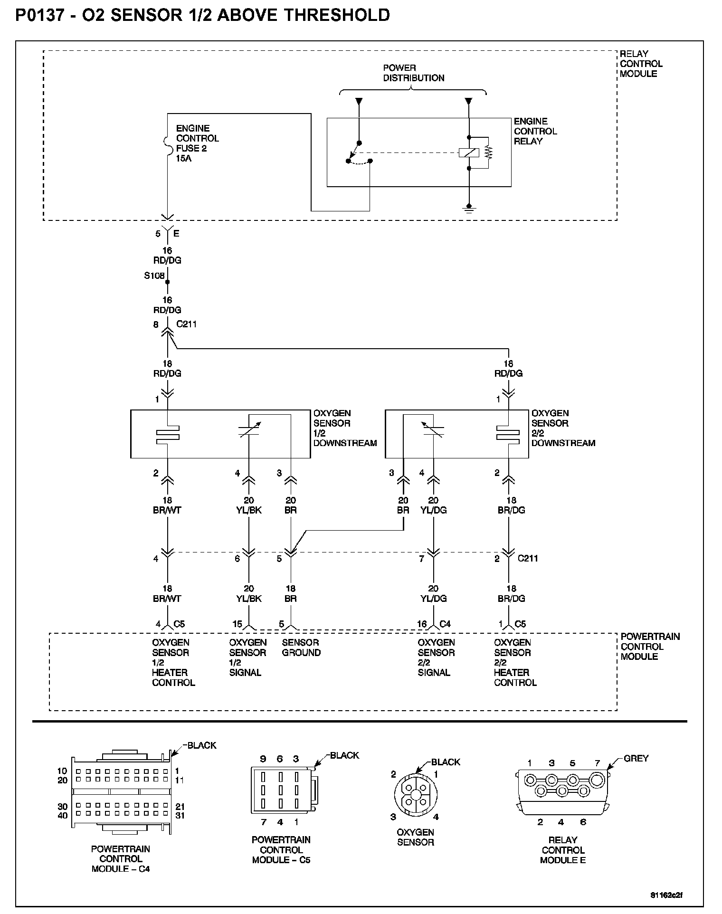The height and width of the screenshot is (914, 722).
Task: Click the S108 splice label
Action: click(154, 276)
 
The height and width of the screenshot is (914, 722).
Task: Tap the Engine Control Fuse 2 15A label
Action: click(197, 143)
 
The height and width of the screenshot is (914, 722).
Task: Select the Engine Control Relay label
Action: click(535, 131)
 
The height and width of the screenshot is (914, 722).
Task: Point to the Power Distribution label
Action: click(413, 73)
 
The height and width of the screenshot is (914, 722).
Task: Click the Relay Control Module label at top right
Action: click(641, 64)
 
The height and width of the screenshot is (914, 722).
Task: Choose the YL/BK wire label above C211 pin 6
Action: click(249, 510)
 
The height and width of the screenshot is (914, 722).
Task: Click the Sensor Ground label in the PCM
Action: click(301, 647)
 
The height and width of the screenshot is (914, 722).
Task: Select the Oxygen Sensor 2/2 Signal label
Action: click(436, 657)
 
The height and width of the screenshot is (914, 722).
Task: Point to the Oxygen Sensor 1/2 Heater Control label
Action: click(173, 662)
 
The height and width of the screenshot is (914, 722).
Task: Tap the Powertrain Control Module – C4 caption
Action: click(121, 859)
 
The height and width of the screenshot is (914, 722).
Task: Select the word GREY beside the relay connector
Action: click(636, 759)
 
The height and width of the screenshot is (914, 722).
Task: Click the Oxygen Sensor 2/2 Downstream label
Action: click(563, 428)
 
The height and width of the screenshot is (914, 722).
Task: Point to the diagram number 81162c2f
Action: click(666, 895)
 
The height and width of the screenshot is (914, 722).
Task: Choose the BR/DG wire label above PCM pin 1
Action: click(512, 599)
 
